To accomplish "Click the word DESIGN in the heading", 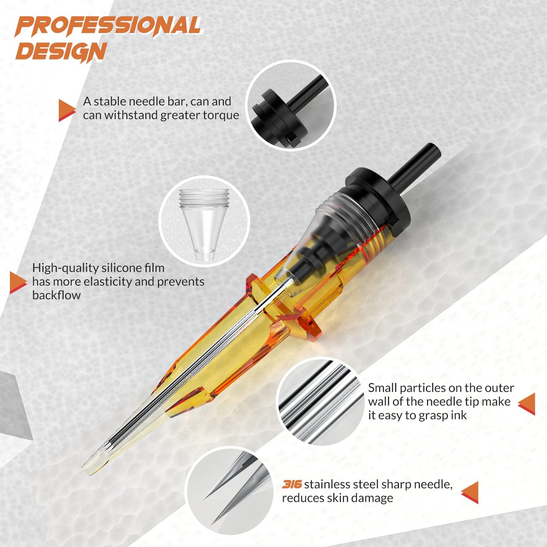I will pos(61,52).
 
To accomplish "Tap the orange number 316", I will pos(291,484).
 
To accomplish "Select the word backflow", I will pos(56,295).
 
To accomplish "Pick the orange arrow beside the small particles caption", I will pos(527,404).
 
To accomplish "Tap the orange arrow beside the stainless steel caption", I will pos(471,492).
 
